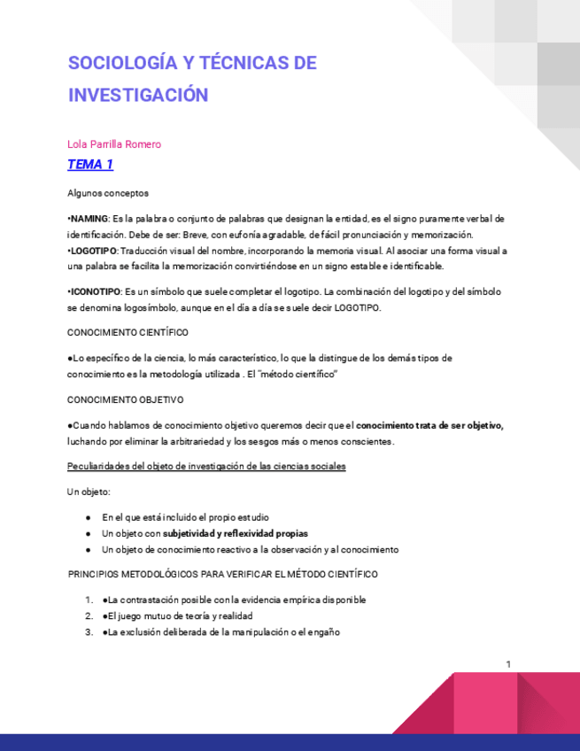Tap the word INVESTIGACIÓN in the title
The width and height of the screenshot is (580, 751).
tap(138, 95)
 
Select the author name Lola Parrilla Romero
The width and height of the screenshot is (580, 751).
tap(114, 144)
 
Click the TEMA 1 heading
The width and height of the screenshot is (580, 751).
tap(90, 164)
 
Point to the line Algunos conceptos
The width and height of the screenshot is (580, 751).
tap(108, 192)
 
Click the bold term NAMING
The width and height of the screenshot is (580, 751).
tap(89, 219)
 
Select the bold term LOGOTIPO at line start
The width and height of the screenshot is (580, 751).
tap(89, 252)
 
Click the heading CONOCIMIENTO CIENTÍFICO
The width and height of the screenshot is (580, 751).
tap(128, 332)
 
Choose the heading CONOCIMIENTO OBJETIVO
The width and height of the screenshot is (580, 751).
tap(125, 399)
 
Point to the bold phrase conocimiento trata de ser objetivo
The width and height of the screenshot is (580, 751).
tap(429, 425)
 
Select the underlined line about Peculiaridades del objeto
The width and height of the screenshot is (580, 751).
tap(206, 466)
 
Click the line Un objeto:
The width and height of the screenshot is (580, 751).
tap(89, 491)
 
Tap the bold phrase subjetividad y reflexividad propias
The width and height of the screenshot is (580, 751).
tap(236, 533)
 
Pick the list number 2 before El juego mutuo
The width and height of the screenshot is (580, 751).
tap(89, 616)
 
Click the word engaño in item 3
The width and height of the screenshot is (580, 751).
tap(323, 631)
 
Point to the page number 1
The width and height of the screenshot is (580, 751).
tap(508, 664)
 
